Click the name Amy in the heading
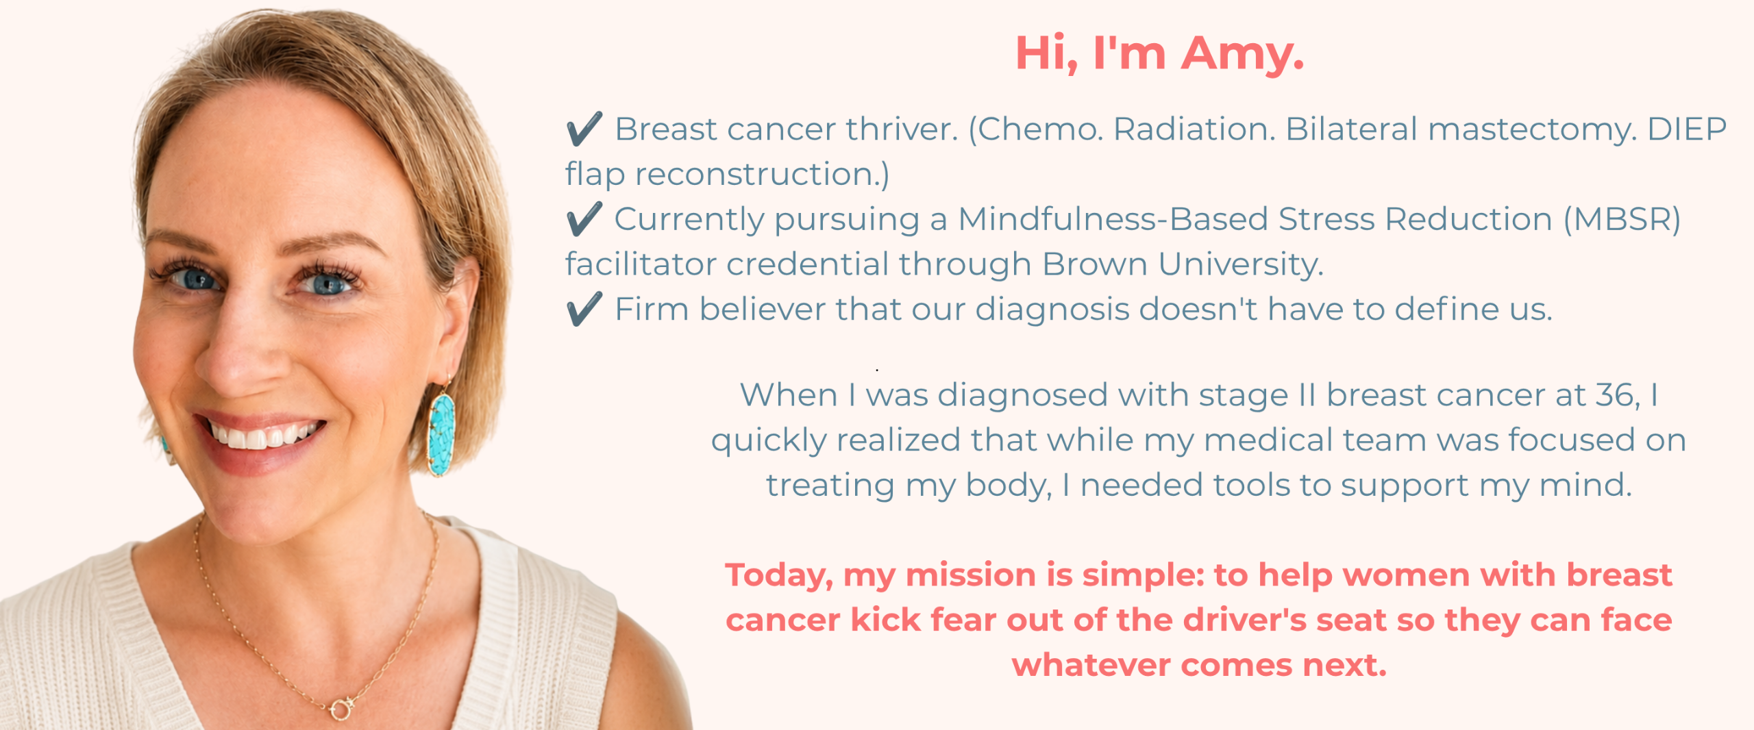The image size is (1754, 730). point(1242,53)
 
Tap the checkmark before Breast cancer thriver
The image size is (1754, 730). point(584,129)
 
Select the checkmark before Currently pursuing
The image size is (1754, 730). point(584,219)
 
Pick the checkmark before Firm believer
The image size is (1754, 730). point(584,309)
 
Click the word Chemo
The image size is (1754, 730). point(1036,129)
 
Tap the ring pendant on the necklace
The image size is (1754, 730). point(341,708)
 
